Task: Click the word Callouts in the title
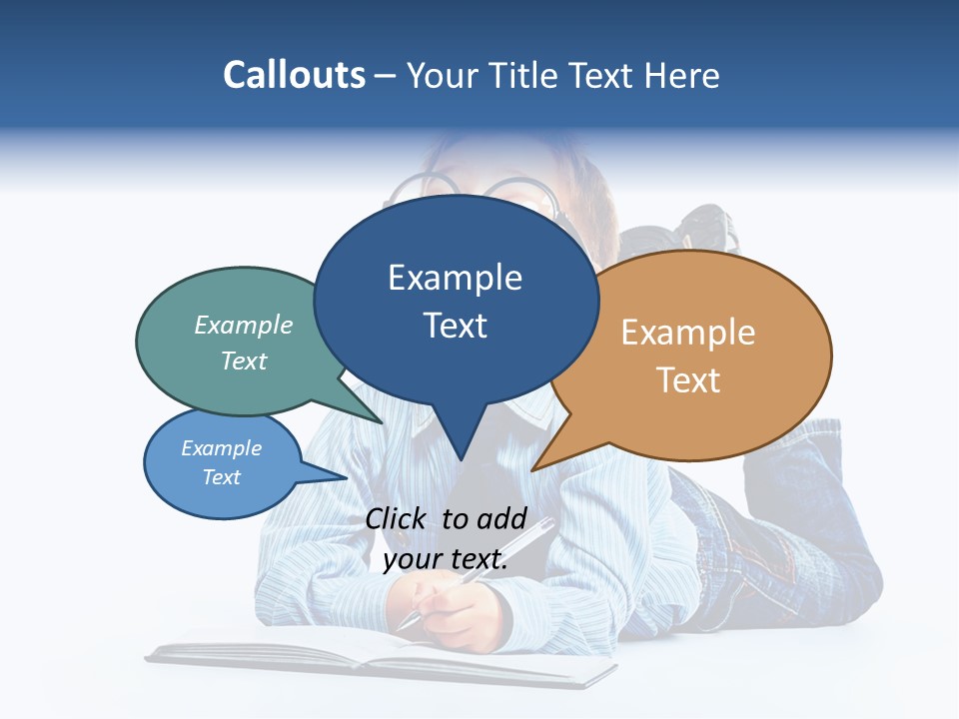click(x=294, y=75)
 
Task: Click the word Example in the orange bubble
click(x=688, y=332)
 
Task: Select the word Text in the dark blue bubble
click(x=456, y=326)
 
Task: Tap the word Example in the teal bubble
click(x=244, y=325)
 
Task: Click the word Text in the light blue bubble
click(x=221, y=477)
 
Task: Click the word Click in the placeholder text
click(x=397, y=518)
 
